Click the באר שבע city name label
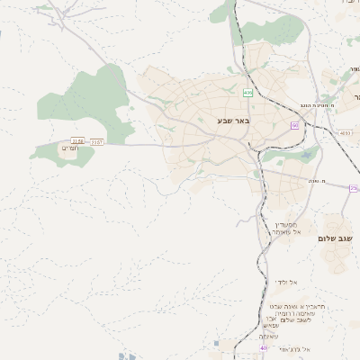[233, 120]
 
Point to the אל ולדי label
[287, 282]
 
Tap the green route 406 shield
[247, 93]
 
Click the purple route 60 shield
[294, 126]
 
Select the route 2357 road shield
[96, 141]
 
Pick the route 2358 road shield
[77, 141]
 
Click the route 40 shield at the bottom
[264, 347]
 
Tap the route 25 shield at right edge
[355, 187]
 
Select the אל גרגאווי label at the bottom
[294, 348]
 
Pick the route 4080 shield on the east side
[345, 132]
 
